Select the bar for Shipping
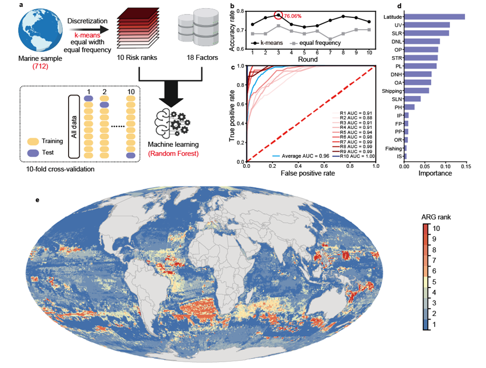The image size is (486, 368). [x=416, y=90]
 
